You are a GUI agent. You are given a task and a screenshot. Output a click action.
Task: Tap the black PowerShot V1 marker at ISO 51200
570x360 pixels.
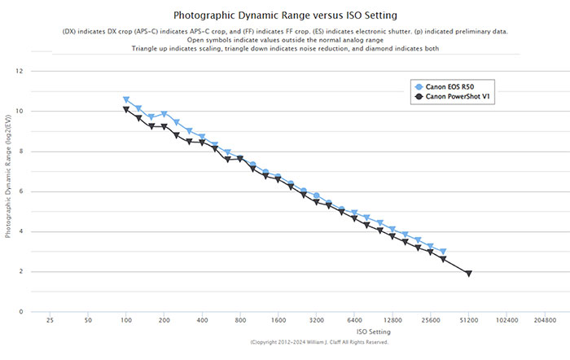468,274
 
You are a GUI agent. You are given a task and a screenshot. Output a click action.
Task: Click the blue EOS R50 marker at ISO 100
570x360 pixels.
126,100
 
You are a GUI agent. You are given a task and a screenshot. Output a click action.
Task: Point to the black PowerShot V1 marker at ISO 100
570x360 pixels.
126,110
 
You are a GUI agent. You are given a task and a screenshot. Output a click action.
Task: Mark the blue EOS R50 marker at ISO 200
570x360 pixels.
164,115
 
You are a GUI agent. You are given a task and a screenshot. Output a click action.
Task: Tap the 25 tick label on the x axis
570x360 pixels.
50,322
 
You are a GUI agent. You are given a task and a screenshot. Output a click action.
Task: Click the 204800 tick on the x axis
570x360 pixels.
545,322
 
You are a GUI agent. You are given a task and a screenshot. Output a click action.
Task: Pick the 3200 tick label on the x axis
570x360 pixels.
316,322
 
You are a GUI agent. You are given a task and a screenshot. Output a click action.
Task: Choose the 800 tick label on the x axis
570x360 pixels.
240,322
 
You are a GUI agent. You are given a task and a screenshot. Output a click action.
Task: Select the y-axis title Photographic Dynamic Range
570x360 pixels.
9,191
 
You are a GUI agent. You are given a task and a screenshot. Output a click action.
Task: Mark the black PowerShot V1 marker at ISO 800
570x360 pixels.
240,160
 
